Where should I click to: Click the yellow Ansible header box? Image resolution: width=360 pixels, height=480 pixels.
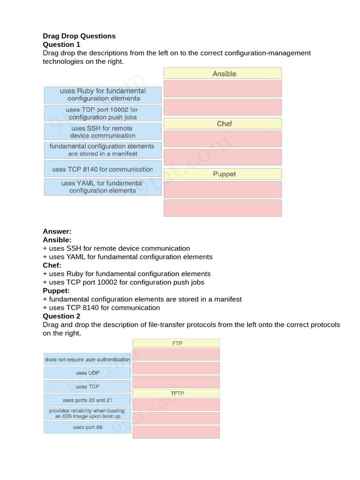[x=223, y=74]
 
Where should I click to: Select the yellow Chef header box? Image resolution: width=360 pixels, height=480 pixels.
[x=223, y=124]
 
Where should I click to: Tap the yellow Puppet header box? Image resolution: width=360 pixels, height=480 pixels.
[x=223, y=174]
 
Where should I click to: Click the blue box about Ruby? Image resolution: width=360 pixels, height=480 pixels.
[x=103, y=95]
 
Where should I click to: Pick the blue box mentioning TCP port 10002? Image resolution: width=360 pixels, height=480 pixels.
[x=103, y=113]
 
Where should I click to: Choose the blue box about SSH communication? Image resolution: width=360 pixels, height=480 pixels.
[x=103, y=132]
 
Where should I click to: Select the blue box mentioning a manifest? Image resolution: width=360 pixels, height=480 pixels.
[x=103, y=150]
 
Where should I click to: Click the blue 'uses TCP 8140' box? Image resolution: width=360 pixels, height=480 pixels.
[x=103, y=169]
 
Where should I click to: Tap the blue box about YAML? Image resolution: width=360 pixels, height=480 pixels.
[x=103, y=187]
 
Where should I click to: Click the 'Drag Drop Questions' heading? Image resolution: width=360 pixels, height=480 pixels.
[x=79, y=36]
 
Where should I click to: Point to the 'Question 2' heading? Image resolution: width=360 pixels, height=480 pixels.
[x=61, y=316]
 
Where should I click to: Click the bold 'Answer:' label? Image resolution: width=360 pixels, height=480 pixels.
[x=57, y=232]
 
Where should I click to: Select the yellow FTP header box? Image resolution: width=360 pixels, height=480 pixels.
[x=176, y=343]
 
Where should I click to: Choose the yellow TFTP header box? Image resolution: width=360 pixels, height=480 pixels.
[x=176, y=393]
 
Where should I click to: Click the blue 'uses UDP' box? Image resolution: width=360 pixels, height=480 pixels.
[x=87, y=373]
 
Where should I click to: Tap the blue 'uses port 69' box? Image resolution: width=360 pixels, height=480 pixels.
[x=87, y=427]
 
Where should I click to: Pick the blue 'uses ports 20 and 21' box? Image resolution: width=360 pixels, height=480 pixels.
[x=87, y=400]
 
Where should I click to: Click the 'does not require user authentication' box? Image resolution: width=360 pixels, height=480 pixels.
[x=87, y=360]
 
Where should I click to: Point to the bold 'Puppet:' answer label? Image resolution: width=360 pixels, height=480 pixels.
[x=56, y=291]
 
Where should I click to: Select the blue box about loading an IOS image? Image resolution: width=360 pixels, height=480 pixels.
[x=87, y=413]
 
